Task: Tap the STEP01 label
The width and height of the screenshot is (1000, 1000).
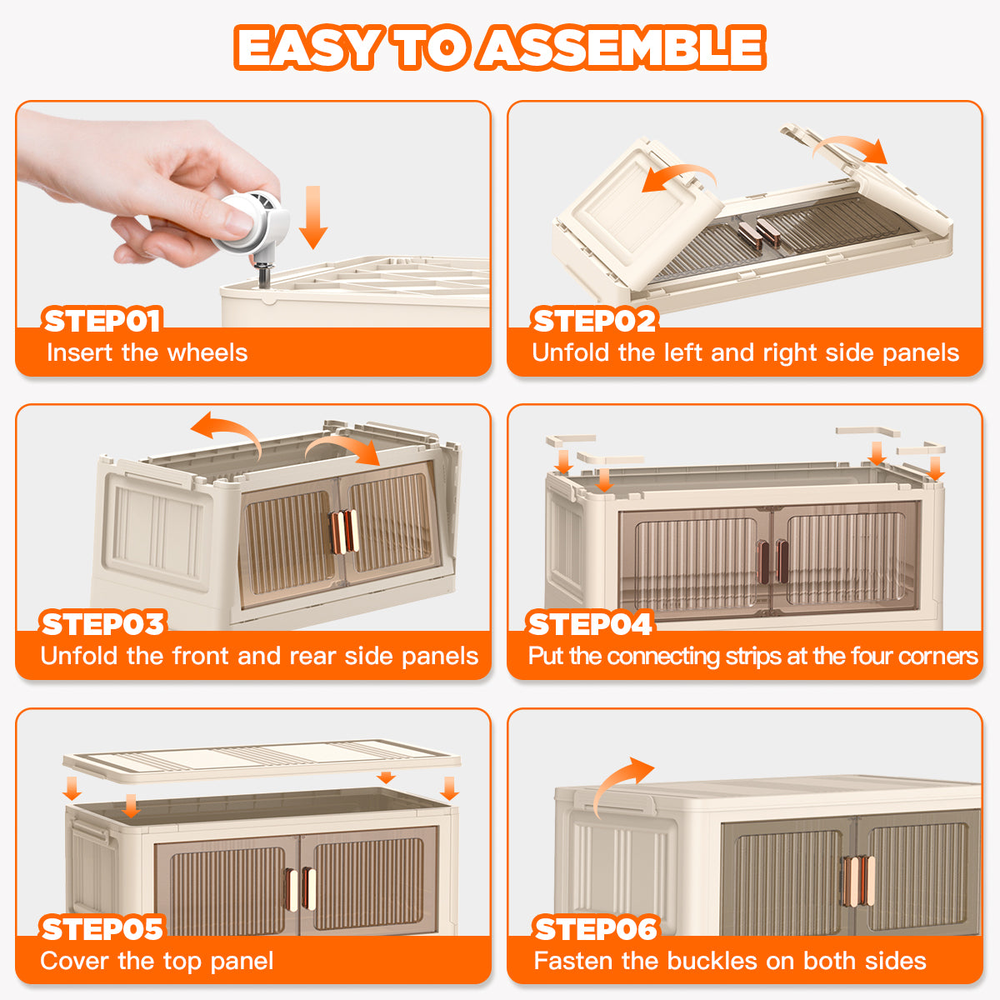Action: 102,320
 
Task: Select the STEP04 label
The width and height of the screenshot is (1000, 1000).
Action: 590,624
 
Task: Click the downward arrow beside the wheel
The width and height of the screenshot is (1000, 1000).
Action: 313,217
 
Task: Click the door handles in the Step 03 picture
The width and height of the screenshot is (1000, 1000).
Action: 343,532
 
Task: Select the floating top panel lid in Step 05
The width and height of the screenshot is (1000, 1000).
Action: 262,761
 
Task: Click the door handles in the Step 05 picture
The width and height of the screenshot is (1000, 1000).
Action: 301,887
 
